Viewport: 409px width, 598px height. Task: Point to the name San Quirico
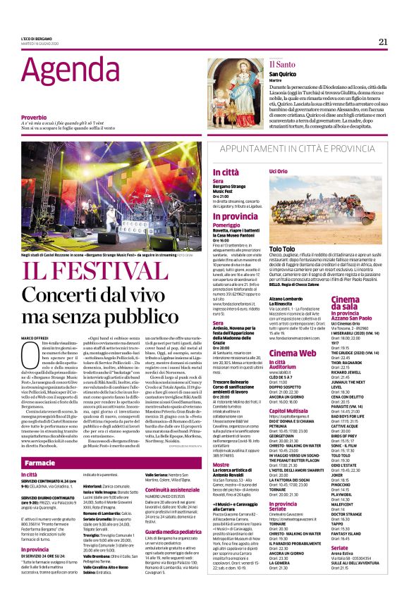[282, 74]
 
